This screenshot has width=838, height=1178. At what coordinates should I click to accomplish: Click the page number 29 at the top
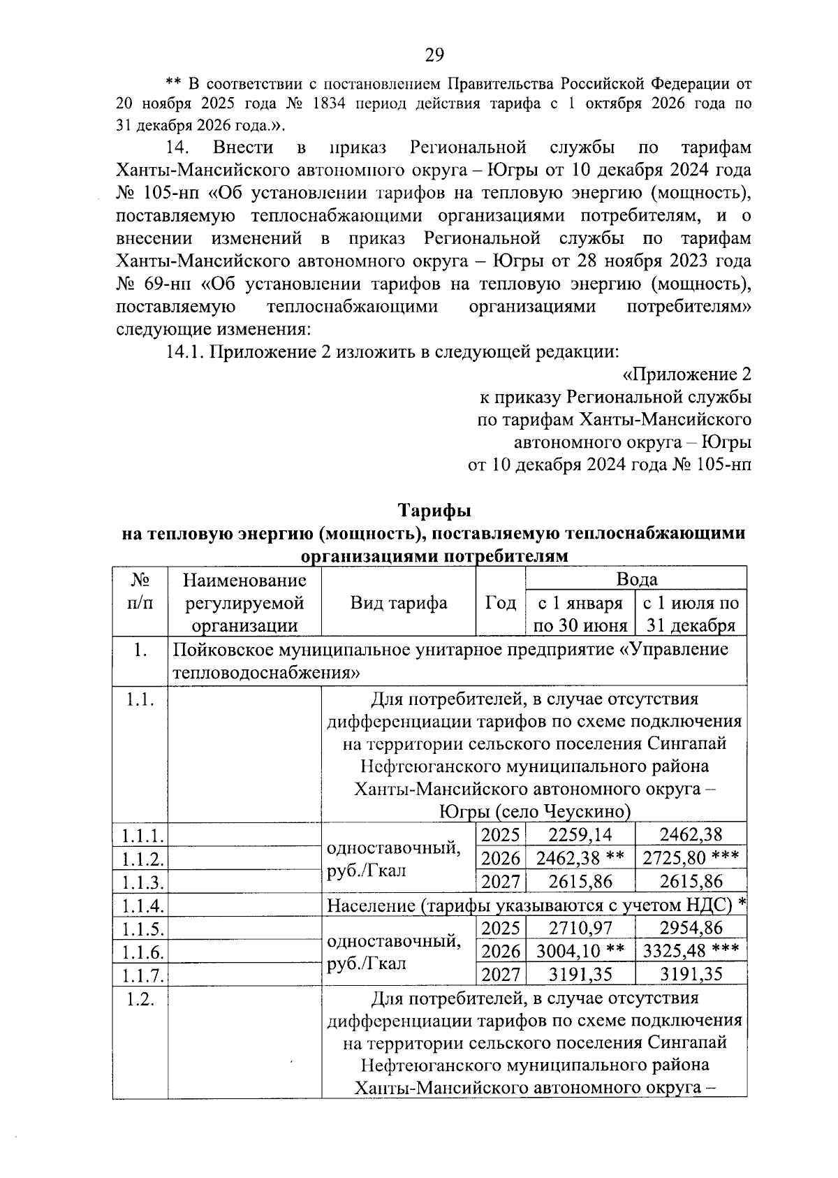coord(434,55)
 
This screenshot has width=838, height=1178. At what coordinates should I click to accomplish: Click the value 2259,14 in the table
coord(580,834)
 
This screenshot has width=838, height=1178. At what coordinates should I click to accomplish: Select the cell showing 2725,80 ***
coord(690,857)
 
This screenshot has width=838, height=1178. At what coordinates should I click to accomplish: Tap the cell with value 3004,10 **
coord(580,951)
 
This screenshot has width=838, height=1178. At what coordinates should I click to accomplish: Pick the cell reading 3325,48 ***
coord(690,951)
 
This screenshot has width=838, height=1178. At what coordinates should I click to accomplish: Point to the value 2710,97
coord(580,928)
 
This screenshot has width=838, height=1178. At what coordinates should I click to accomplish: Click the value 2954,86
coord(691,928)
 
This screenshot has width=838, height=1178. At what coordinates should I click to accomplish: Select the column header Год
coord(500,602)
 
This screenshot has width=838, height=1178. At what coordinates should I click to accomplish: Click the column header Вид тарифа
coord(399,602)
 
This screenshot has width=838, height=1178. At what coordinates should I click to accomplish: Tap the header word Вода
coord(636,579)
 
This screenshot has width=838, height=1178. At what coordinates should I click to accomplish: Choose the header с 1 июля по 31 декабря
coord(691,613)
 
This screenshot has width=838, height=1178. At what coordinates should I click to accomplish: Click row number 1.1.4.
coord(142,906)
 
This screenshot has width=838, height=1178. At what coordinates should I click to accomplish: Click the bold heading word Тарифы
coord(434,510)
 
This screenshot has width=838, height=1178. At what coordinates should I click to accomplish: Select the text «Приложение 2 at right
coord(686,375)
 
